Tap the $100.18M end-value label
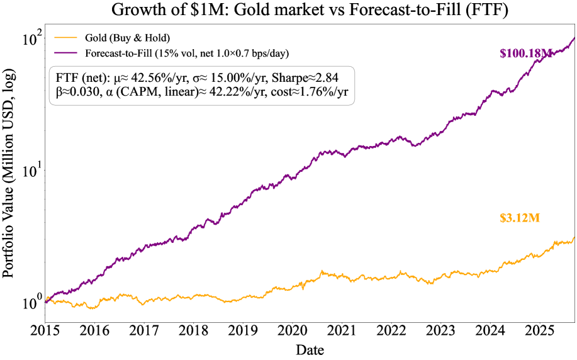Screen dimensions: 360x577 click(x=525, y=54)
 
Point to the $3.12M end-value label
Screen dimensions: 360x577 click(x=520, y=218)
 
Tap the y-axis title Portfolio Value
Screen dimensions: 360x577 click(x=11, y=183)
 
